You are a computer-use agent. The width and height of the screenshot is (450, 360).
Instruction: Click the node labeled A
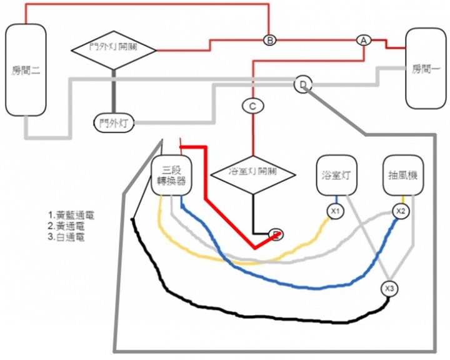[363, 39]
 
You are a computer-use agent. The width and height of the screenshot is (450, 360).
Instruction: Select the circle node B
[269, 40]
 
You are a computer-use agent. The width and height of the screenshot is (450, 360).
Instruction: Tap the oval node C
[252, 106]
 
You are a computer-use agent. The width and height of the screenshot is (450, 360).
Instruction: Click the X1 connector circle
[336, 211]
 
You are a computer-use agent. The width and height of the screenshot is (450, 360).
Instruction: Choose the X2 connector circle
[401, 211]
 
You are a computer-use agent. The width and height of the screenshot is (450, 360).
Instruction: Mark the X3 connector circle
[390, 289]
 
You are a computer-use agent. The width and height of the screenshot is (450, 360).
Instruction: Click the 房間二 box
[26, 69]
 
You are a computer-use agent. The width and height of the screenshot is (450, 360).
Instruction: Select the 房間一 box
[426, 69]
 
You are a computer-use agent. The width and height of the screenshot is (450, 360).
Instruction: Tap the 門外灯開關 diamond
[113, 49]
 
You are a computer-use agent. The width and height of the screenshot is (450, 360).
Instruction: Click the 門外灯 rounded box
[114, 124]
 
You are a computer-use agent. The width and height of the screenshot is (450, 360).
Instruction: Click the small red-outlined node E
[276, 234]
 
